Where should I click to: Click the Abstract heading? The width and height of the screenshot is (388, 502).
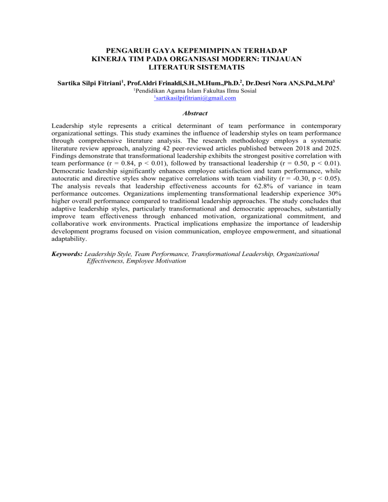194,114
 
